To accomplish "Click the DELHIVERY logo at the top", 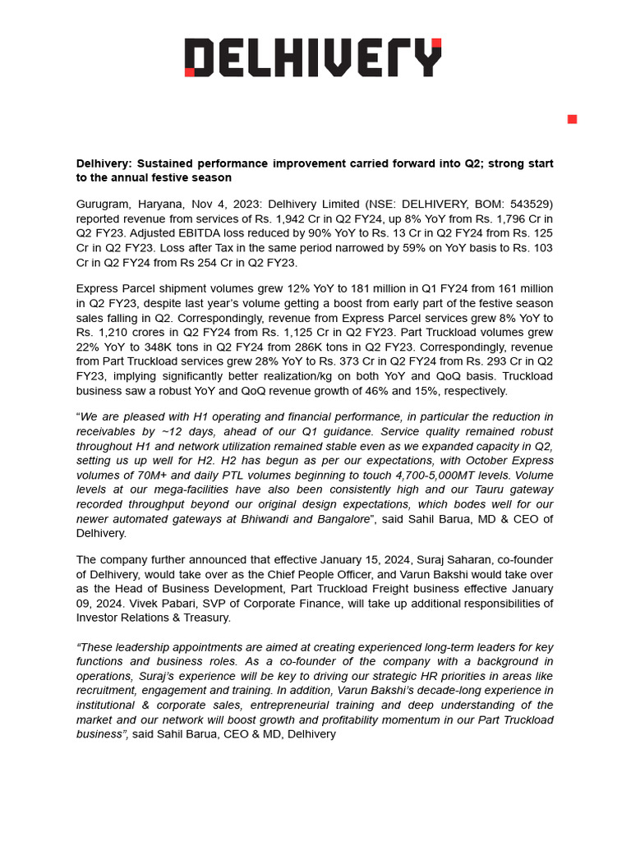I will [x=313, y=58].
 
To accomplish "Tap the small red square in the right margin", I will [x=572, y=120].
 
